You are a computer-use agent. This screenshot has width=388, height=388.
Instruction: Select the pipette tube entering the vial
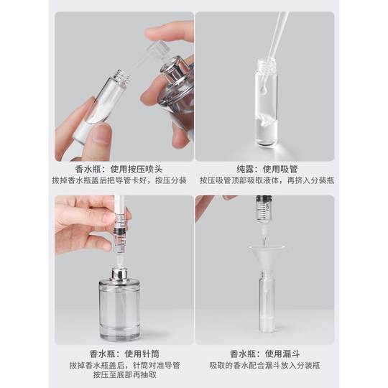pos(274,36)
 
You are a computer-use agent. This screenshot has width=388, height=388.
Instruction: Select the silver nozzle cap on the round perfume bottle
pos(119,276)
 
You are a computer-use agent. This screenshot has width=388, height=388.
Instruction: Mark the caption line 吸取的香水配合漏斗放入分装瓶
pos(266,366)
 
